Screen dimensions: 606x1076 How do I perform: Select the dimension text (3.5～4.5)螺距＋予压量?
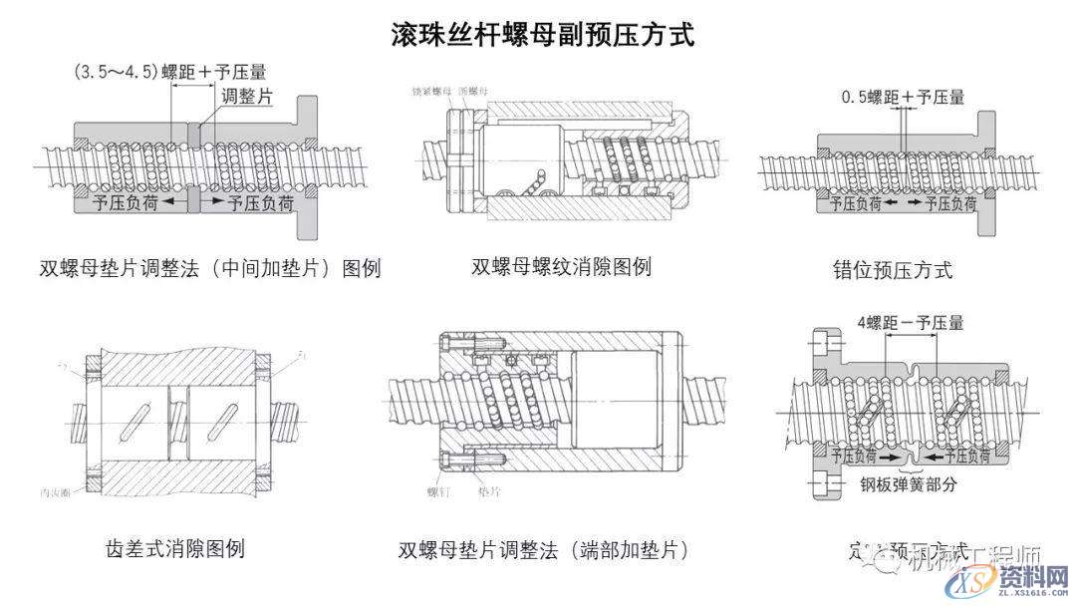tap(169, 72)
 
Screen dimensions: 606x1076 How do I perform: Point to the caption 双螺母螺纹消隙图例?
tap(561, 267)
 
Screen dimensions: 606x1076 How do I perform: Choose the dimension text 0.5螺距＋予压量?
tap(903, 98)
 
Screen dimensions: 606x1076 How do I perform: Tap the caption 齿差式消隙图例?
tap(174, 548)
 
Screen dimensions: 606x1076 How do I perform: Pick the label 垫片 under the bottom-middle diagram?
tap(489, 492)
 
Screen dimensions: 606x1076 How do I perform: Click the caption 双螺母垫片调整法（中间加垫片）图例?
tap(210, 269)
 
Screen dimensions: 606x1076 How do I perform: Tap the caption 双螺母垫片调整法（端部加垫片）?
tap(543, 550)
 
